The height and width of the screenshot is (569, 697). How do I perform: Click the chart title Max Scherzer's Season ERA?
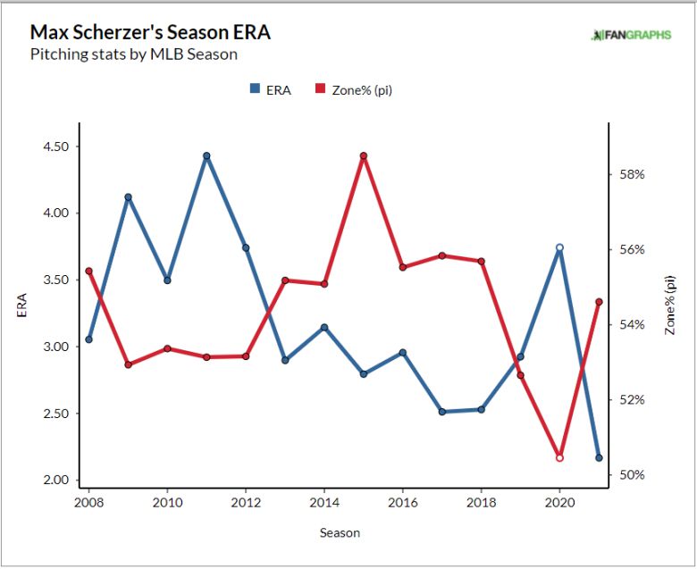click(150, 32)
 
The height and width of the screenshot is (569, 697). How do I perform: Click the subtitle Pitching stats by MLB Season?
click(133, 54)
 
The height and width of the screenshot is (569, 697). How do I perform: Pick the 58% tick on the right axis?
click(634, 174)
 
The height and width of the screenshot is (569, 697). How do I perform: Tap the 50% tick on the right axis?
click(634, 474)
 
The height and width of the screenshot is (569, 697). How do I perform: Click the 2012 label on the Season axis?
click(246, 504)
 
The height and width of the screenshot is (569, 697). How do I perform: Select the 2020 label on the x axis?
click(559, 504)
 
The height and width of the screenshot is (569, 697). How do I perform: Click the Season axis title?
click(340, 533)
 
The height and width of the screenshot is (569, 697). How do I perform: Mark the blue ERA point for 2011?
click(206, 156)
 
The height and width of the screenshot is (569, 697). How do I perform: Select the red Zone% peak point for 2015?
click(364, 156)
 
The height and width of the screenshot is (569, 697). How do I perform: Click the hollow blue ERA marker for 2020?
click(559, 247)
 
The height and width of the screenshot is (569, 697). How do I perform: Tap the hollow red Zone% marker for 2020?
click(559, 458)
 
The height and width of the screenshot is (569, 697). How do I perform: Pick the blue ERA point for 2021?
click(599, 458)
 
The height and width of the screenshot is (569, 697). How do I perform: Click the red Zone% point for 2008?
click(88, 271)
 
